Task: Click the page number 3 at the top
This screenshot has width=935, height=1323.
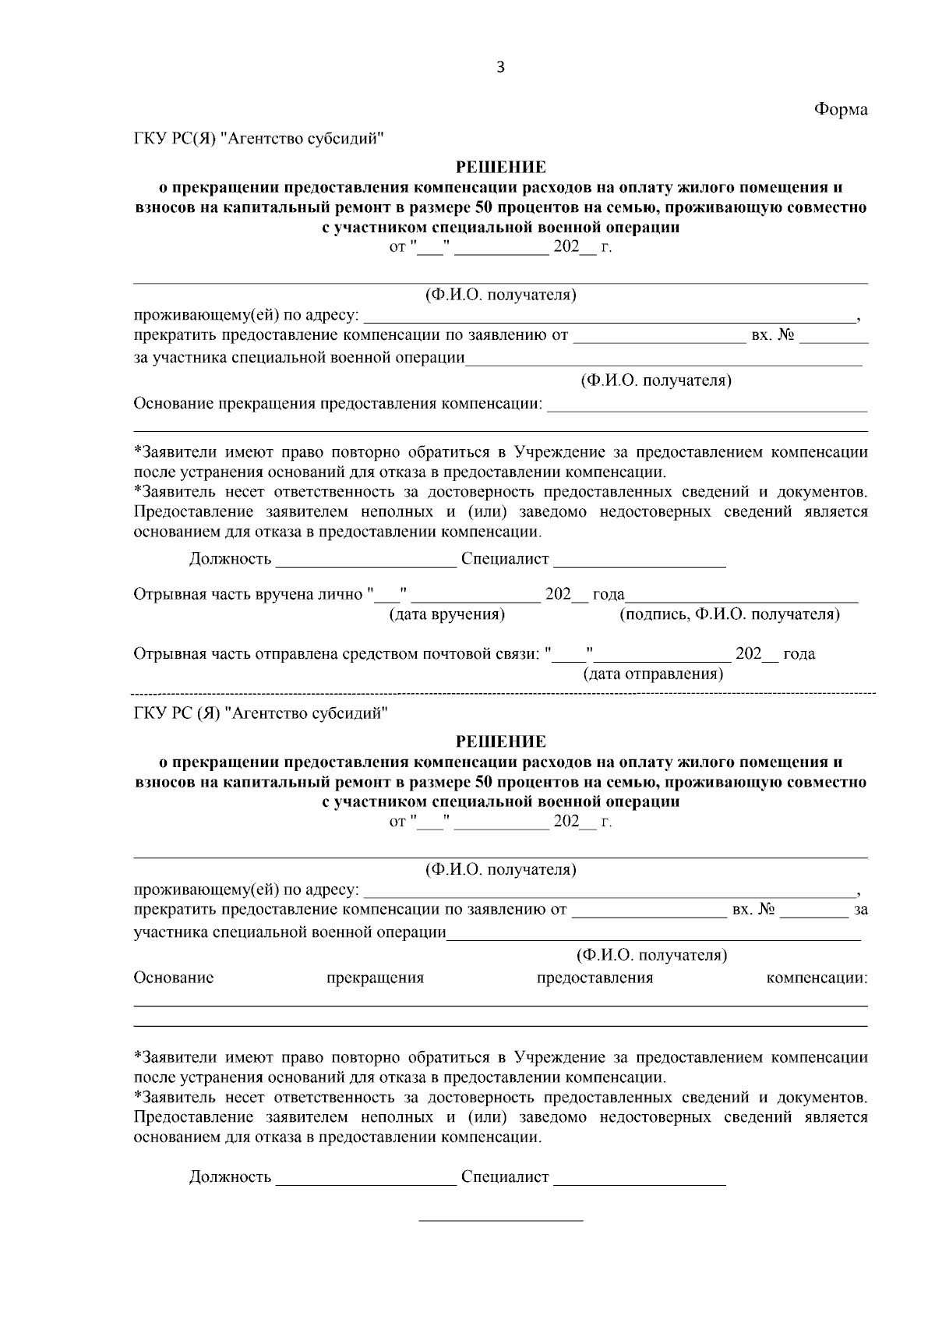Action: point(500,68)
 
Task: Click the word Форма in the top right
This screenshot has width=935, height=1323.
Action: point(841,109)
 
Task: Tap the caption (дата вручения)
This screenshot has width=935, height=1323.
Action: point(446,615)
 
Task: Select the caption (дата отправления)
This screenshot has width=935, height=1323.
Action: point(653,674)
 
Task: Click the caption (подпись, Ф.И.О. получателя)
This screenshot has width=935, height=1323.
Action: point(729,615)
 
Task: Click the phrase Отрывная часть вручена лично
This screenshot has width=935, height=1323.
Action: point(249,595)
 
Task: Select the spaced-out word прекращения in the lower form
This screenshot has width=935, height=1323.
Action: point(375,978)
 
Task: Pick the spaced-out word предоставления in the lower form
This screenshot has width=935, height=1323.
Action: point(595,978)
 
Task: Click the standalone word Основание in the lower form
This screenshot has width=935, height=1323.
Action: point(174,978)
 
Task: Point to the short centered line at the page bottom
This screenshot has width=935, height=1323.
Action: point(501,1220)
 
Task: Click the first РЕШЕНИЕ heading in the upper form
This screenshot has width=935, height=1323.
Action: point(500,167)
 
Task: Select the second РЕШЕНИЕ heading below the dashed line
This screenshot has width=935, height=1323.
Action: point(500,741)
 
